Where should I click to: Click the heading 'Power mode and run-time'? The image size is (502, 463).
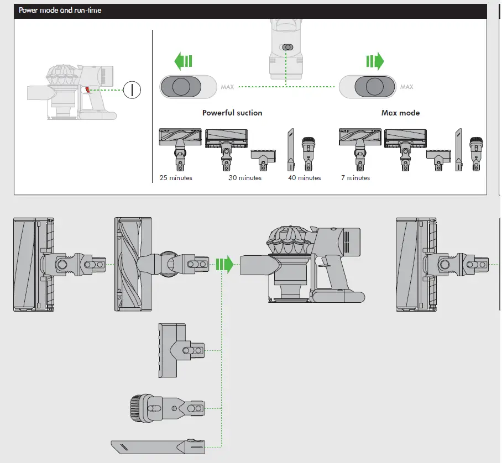coord(60,10)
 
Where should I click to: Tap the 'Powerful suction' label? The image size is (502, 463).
coord(232,113)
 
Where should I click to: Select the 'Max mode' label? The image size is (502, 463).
coord(400,113)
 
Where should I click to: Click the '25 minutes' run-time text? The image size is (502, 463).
coord(175,178)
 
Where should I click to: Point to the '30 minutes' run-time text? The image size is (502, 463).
coord(245,178)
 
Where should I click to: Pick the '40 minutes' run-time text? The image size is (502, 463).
coord(304,178)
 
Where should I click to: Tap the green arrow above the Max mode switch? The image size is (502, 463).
coord(375,61)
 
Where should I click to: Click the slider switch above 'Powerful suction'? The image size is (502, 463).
coord(189,87)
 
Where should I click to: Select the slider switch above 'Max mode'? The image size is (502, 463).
coord(368,87)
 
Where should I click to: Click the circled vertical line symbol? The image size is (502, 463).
coord(132,90)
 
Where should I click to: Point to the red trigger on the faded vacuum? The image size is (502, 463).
coord(88,90)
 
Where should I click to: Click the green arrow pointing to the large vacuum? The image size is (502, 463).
coord(224,264)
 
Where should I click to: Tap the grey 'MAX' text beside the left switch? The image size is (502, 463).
coord(227,87)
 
